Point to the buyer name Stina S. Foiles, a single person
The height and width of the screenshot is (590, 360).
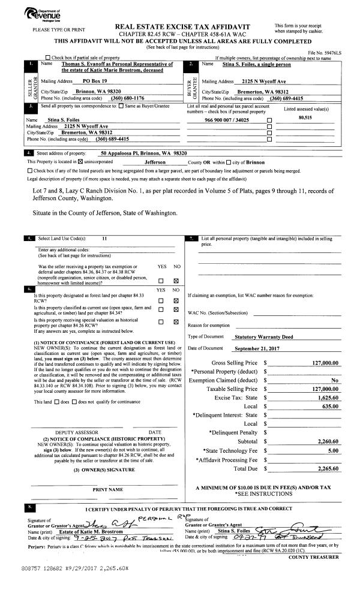coord(251,62)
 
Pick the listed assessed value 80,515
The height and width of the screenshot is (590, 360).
coord(307,119)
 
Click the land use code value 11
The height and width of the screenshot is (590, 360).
coord(104,238)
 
